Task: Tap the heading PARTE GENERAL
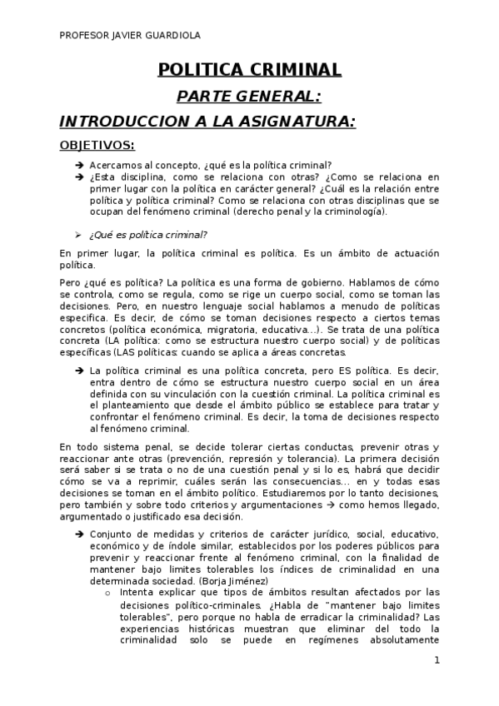(x=249, y=96)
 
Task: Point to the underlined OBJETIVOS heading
(x=97, y=146)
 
